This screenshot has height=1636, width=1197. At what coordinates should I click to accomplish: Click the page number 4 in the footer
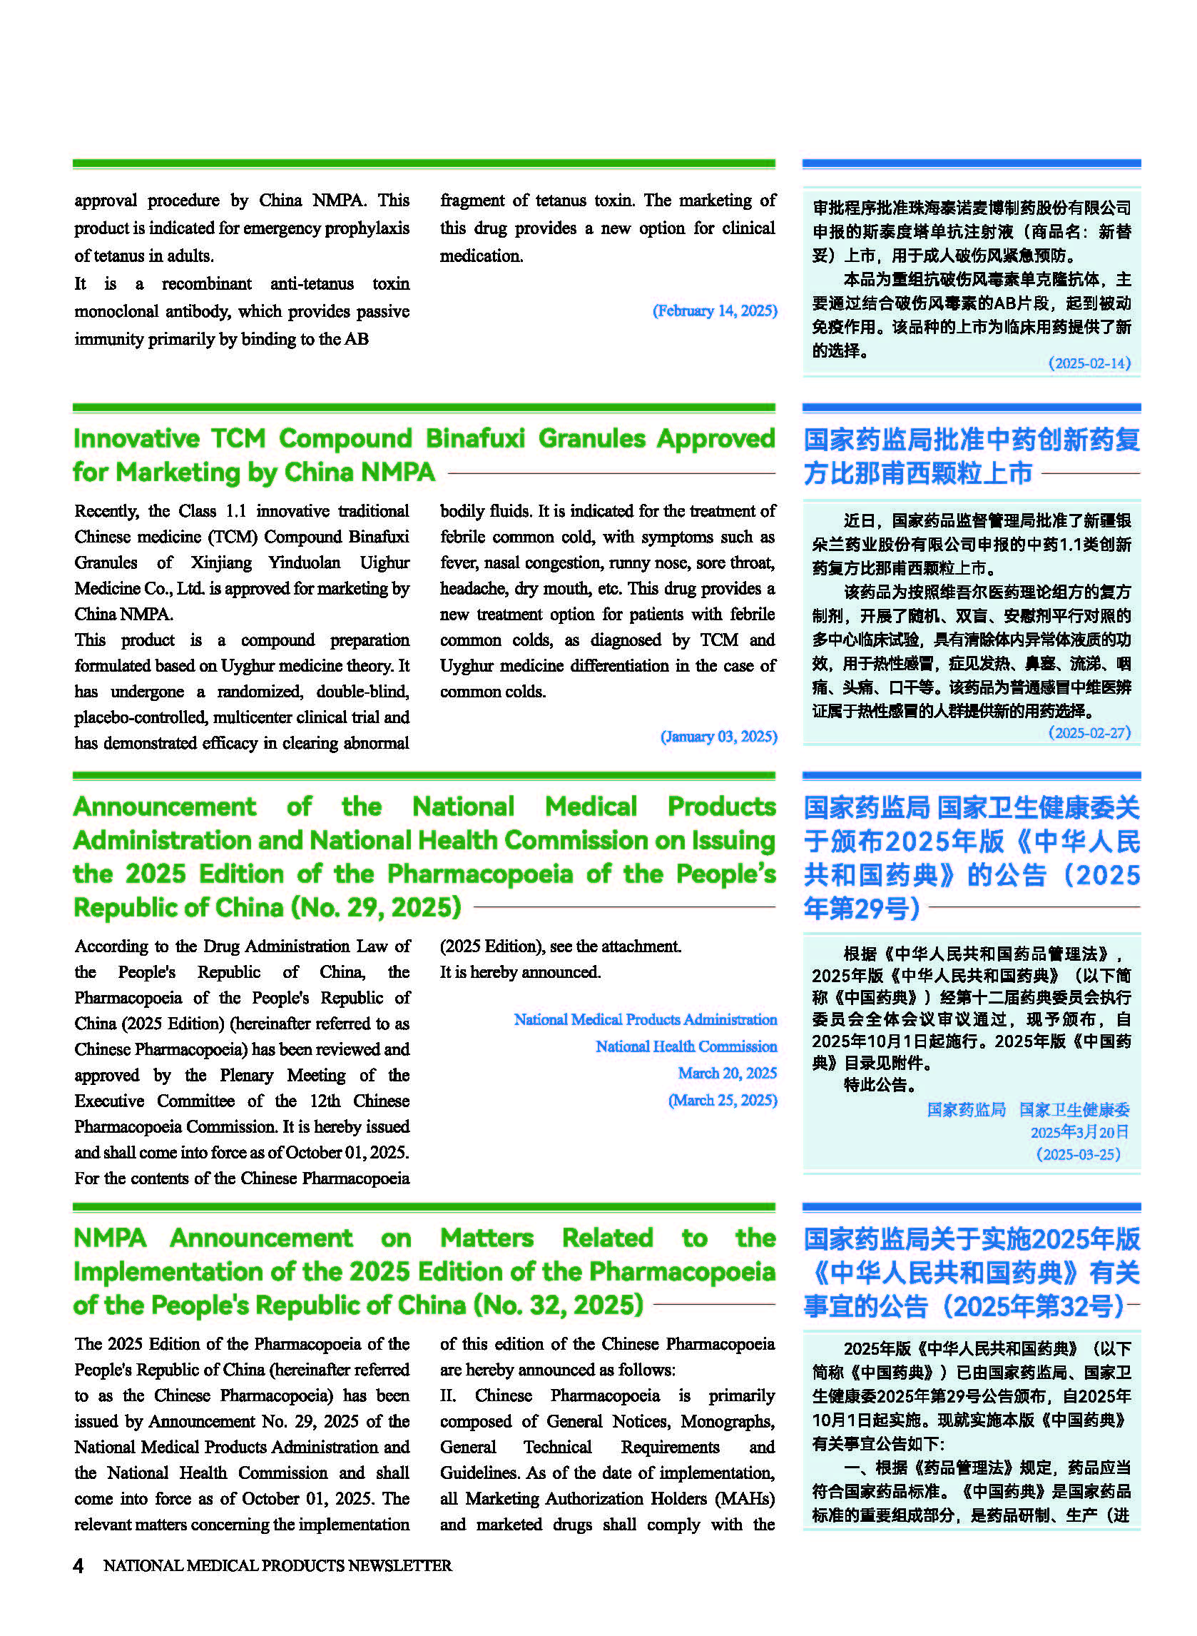click(78, 1565)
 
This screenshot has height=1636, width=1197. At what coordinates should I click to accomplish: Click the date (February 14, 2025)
click(715, 311)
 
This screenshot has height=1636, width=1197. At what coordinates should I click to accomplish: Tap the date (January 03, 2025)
click(718, 737)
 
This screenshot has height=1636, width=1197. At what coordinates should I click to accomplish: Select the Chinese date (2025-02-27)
click(1089, 733)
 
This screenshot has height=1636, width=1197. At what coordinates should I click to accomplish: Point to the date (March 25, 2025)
click(722, 1101)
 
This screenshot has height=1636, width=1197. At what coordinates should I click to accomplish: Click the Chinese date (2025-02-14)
click(1089, 363)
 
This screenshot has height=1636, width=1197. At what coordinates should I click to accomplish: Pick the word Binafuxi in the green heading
click(474, 438)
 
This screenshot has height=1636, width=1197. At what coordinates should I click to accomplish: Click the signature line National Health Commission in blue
click(686, 1046)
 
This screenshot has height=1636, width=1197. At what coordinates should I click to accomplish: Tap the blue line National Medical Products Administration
click(645, 1020)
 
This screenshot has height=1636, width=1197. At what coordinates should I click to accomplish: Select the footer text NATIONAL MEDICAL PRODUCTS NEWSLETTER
click(277, 1565)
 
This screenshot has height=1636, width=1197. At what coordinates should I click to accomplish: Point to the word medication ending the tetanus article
click(481, 256)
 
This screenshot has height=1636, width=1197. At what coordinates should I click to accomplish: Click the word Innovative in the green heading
click(136, 438)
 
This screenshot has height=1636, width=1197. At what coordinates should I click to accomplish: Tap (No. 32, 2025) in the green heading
click(558, 1305)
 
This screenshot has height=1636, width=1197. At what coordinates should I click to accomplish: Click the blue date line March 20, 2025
click(727, 1074)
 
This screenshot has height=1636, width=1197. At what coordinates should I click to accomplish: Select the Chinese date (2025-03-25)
click(1078, 1154)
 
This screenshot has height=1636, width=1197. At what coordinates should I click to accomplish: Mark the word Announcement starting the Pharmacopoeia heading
click(165, 807)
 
